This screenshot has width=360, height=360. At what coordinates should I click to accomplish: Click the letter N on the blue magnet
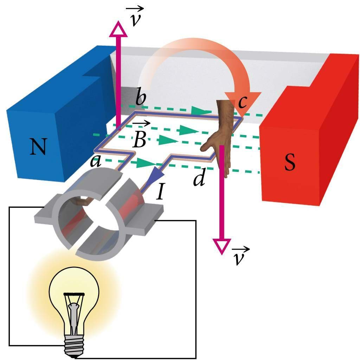pyautogui.click(x=38, y=147)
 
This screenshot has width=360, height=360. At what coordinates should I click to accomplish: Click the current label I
pyautogui.click(x=160, y=193)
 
